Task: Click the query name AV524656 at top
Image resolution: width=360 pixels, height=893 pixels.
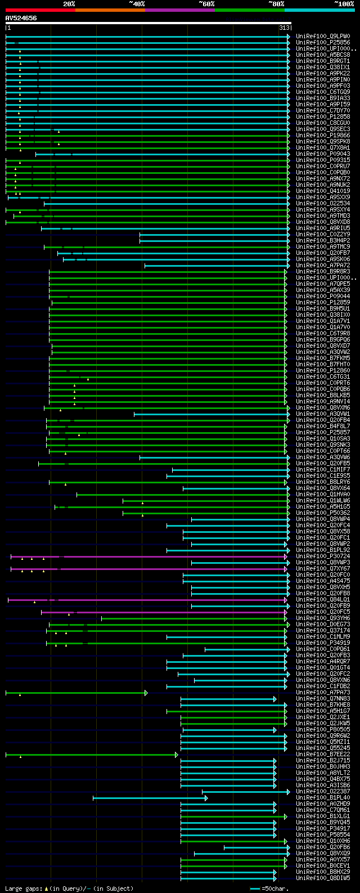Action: (x=21, y=18)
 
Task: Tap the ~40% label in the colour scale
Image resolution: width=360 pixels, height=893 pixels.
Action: (x=137, y=4)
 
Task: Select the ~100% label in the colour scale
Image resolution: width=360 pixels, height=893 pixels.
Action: (x=344, y=4)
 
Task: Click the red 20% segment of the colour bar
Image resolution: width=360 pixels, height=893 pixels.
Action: (x=40, y=10)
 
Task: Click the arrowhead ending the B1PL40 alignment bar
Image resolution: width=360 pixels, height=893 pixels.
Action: (x=206, y=798)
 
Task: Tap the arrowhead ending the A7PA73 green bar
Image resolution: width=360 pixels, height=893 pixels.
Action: (x=146, y=693)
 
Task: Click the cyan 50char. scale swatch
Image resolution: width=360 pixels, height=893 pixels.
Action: (x=255, y=888)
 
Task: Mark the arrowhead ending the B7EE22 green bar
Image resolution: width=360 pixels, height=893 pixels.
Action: (x=176, y=755)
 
